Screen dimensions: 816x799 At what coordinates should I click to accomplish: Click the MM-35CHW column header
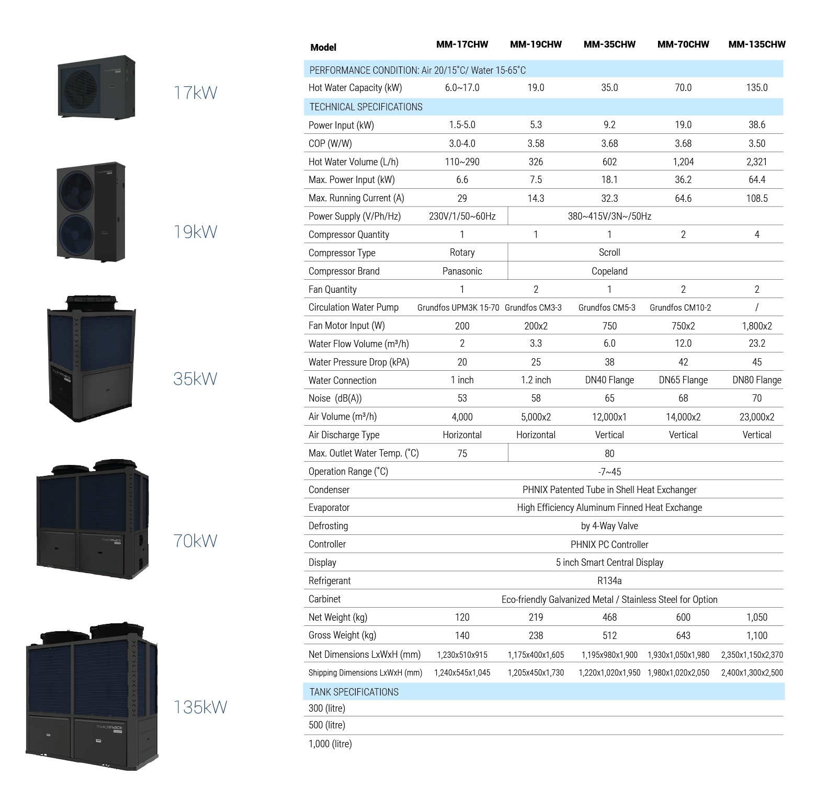click(609, 44)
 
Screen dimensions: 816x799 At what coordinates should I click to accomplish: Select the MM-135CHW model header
click(757, 44)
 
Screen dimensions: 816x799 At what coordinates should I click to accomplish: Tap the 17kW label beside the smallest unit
click(195, 93)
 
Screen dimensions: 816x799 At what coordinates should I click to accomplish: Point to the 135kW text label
click(200, 707)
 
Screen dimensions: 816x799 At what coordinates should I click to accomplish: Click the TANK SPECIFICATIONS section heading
click(354, 692)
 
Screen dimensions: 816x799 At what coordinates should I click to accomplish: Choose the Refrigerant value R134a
click(609, 580)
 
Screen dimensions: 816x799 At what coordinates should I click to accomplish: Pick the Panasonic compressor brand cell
click(462, 271)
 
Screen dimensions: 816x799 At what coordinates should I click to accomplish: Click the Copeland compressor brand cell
click(609, 271)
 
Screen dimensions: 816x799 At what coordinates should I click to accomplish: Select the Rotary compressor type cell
click(462, 253)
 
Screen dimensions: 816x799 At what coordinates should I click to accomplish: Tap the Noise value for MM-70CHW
click(683, 398)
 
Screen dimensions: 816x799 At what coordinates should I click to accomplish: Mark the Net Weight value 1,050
click(757, 618)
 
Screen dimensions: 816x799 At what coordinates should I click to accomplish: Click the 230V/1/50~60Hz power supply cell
click(462, 216)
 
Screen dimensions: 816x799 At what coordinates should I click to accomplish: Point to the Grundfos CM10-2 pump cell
click(681, 307)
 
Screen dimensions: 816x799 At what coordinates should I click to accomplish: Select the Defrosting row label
click(328, 526)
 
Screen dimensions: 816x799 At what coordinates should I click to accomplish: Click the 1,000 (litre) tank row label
click(330, 744)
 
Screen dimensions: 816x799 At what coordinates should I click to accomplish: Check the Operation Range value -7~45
click(609, 472)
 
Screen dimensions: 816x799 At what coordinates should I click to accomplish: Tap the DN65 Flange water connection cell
click(683, 380)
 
